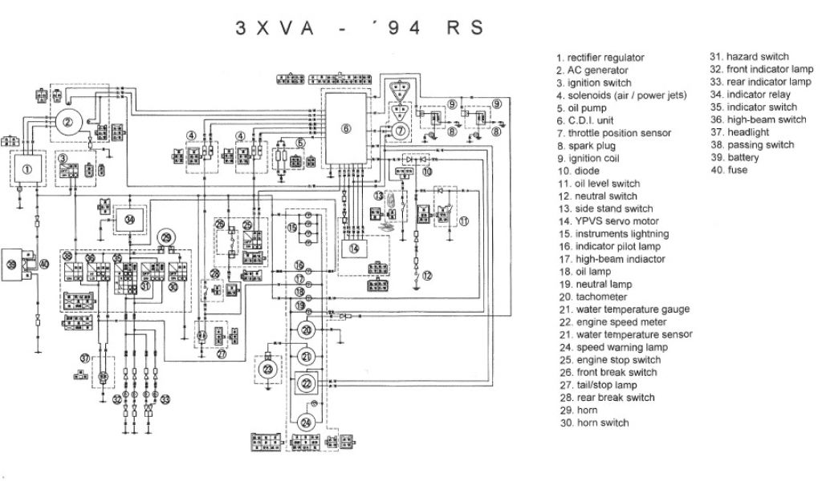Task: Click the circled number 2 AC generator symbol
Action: coord(69,122)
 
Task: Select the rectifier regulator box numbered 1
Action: coord(27,169)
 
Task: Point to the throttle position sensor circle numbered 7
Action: coord(401,130)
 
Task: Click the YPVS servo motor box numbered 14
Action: coord(354,249)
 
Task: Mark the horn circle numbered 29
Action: coord(166,237)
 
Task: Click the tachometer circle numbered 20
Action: coord(306,331)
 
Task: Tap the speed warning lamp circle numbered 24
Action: coord(306,422)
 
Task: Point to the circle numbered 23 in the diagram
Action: coord(268,368)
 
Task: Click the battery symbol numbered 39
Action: coord(13,263)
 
